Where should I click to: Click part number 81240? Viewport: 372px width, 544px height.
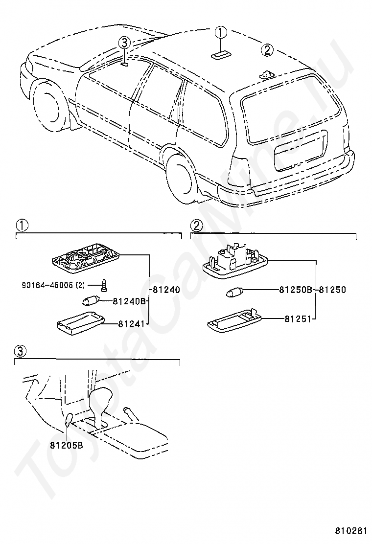[x=166, y=289]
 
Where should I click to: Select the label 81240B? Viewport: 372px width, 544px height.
[x=129, y=301]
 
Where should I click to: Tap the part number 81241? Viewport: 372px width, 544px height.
[x=132, y=324]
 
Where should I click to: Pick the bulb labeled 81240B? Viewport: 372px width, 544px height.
[x=92, y=300]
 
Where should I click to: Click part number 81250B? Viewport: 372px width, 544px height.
[x=296, y=289]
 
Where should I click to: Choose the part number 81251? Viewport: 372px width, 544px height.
[x=298, y=318]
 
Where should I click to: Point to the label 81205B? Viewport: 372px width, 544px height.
[x=66, y=445]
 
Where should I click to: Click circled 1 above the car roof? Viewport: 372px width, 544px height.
[x=221, y=33]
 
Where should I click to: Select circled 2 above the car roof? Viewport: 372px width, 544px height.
[x=267, y=51]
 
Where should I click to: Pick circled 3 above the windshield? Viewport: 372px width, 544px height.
[x=125, y=43]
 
